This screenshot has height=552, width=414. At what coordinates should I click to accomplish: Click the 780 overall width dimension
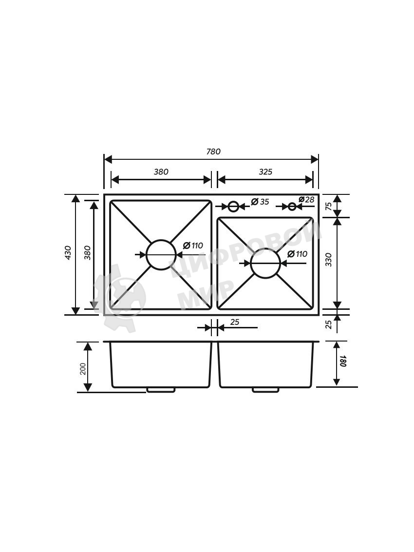[x=213, y=152]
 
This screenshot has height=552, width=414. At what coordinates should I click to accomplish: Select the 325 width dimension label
[x=265, y=172]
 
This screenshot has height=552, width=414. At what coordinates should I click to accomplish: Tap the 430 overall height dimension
[x=68, y=253]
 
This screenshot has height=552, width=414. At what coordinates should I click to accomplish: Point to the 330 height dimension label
[x=328, y=260]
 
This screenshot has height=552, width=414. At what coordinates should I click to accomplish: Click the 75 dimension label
[x=328, y=206]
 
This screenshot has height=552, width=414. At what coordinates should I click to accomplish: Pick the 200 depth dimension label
[x=83, y=369]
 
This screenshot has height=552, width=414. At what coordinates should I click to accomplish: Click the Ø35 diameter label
[x=260, y=201]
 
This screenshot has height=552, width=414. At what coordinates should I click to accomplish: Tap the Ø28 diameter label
[x=306, y=200]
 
